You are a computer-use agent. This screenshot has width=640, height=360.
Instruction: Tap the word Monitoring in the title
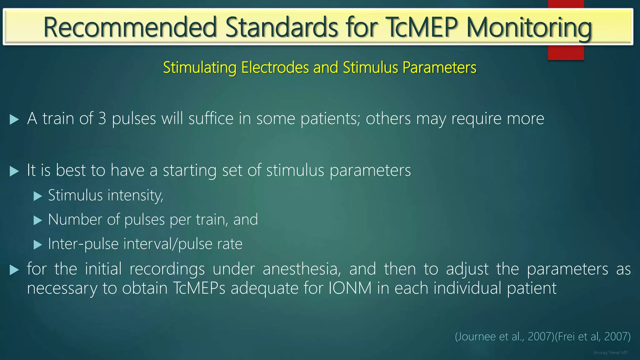tap(529, 27)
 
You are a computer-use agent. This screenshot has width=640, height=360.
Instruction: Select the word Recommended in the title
tap(130, 27)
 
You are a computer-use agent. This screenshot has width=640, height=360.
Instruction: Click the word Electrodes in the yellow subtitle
tap(275, 67)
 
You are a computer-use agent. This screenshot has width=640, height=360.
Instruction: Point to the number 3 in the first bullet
tap(102, 119)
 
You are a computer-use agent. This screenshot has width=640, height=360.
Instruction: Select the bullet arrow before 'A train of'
tap(14, 119)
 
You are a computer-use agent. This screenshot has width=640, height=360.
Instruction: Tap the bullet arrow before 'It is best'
tap(14, 171)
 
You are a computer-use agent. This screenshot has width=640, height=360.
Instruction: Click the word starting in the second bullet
tap(190, 171)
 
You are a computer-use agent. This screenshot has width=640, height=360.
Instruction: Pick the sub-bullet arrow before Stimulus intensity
tap(38, 196)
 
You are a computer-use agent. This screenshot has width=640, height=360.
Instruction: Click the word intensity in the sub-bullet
tap(135, 196)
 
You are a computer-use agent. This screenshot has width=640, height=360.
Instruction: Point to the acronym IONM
tap(350, 288)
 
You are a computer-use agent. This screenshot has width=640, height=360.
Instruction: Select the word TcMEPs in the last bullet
tap(199, 288)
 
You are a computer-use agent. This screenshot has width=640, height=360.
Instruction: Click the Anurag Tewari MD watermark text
tap(611, 352)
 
